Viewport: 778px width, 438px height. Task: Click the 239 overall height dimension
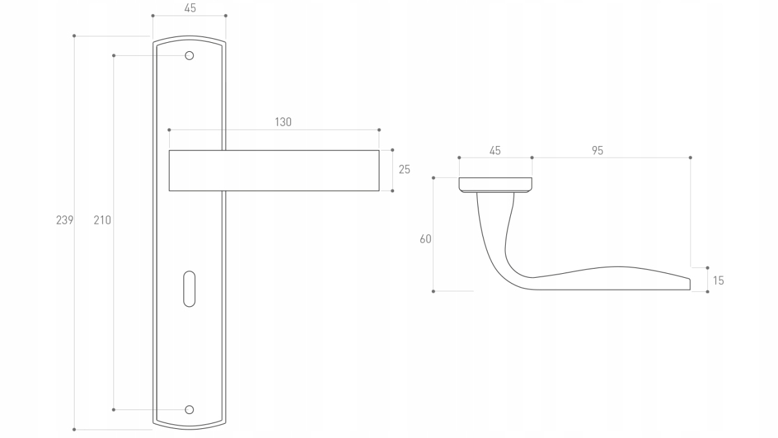pos(64,220)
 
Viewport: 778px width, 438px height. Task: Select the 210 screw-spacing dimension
pos(102,220)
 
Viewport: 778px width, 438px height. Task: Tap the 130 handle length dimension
pos(283,122)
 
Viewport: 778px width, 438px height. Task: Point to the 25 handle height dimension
pos(405,169)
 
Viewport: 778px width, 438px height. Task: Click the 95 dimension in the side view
pos(597,151)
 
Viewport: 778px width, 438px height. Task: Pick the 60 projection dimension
pos(425,239)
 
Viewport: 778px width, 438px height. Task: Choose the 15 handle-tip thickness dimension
pos(718,280)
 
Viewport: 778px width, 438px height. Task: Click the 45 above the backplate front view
pos(190,8)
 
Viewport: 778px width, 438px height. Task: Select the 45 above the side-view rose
pos(495,151)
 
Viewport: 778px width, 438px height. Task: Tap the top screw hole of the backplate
pos(189,56)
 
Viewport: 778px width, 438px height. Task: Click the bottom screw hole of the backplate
pos(189,409)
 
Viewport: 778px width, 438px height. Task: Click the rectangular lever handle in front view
pos(274,171)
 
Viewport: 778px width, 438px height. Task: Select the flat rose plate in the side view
pos(495,184)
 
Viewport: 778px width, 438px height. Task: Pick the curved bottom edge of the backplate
pos(189,427)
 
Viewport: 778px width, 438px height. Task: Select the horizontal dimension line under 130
pos(274,130)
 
